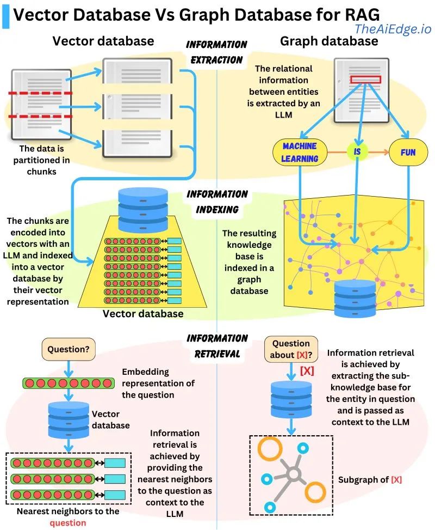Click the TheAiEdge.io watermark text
pyautogui.click(x=393, y=29)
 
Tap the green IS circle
pyautogui.click(x=357, y=152)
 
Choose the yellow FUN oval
pyautogui.click(x=408, y=152)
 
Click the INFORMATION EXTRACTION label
pyautogui.click(x=216, y=52)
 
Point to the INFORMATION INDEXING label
pyautogui.click(x=216, y=202)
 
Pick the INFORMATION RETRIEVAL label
pyautogui.click(x=216, y=346)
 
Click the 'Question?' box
pyautogui.click(x=69, y=349)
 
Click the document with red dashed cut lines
pyautogui.click(x=41, y=105)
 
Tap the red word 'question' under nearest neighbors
pyautogui.click(x=67, y=522)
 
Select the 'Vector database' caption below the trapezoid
pyautogui.click(x=142, y=314)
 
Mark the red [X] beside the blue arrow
pyautogui.click(x=307, y=371)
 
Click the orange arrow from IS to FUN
pyautogui.click(x=378, y=152)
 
